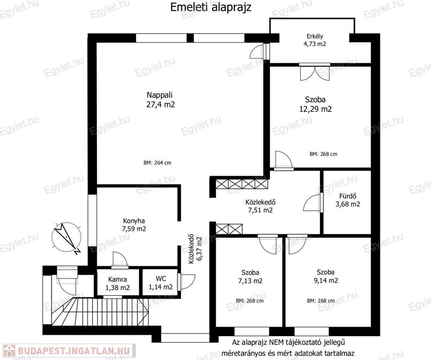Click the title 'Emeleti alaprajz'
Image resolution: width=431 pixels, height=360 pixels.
coord(211,7)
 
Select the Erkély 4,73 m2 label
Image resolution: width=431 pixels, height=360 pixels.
coord(315,40)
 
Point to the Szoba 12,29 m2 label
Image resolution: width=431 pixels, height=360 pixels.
coord(315,104)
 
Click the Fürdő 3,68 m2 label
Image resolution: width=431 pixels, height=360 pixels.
coord(348,200)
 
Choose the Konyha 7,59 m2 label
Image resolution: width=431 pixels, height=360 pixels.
coord(134,225)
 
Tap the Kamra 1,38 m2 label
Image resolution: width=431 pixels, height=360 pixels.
coord(118,284)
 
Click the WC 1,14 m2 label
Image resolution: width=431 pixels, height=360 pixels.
coord(161,283)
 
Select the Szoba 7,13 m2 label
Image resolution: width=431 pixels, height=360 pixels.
coord(250,277)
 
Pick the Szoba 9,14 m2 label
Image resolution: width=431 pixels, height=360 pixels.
coord(326,277)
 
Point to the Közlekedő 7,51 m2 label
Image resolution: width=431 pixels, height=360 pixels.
coord(260,206)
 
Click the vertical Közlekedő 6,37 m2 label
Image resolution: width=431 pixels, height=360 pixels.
coord(195,249)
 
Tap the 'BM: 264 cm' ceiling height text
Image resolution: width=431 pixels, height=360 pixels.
coord(157,163)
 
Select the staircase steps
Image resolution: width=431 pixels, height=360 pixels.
coord(100,311)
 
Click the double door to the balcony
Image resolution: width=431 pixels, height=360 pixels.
coord(315,72)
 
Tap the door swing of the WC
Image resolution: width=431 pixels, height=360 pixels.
coord(187,282)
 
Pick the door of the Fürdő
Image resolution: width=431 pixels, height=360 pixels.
coord(313,202)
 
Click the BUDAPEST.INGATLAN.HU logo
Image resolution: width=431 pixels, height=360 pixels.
coord(67,351)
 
